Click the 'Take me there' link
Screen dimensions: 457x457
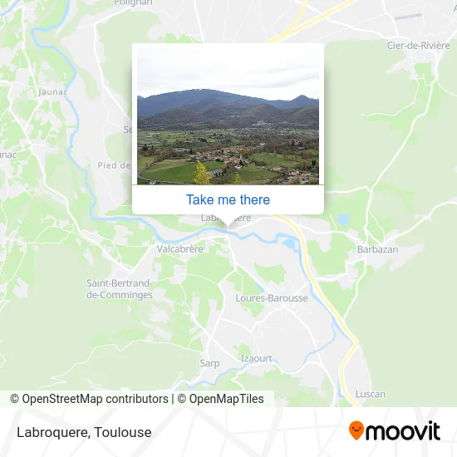coord(228,199)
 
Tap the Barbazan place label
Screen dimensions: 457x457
coord(377,249)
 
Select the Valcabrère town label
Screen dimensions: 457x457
coord(180,248)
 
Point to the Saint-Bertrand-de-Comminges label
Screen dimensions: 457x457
coord(120,288)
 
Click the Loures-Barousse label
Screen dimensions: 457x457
coord(272,298)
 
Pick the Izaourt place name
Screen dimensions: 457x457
coord(256,358)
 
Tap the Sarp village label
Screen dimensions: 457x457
coord(209,363)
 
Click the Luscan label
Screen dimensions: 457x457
coord(369,393)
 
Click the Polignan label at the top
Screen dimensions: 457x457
coord(135,3)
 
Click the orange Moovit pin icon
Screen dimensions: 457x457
coord(356,430)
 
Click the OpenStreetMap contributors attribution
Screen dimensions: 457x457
coord(89,399)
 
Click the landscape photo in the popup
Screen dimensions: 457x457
coord(228,115)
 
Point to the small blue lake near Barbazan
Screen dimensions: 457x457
coord(342,220)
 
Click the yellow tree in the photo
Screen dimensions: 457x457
coord(201,173)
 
